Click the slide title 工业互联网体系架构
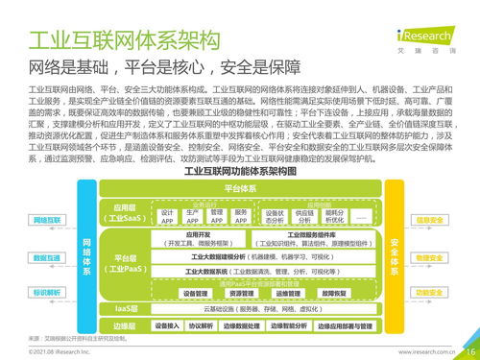pos(125,40)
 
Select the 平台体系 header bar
pos(238,188)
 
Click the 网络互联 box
pos(46,220)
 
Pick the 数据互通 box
pos(46,257)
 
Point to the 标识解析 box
pos(46,291)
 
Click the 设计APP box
pos(167,217)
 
